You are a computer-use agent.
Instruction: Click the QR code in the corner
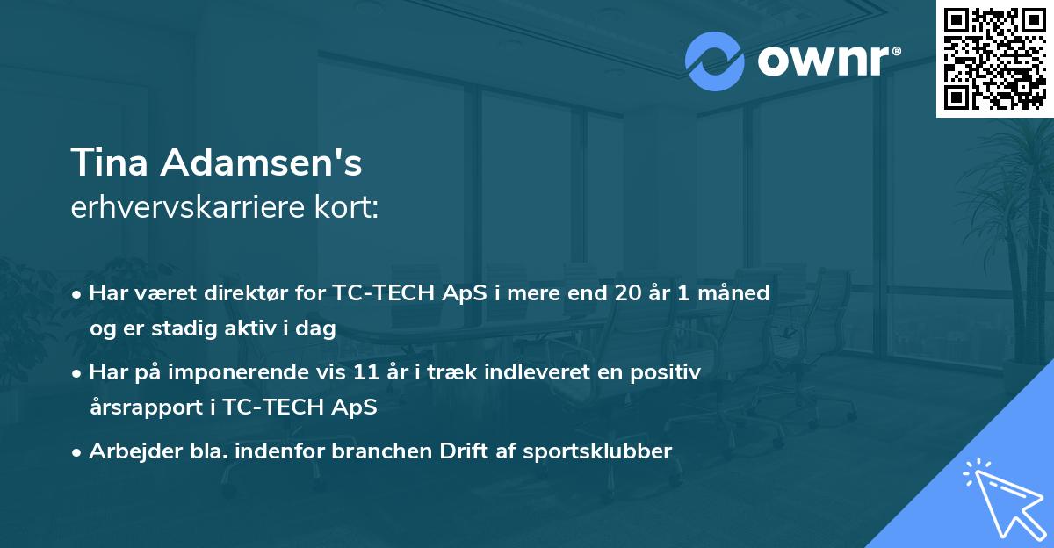[x=994, y=59]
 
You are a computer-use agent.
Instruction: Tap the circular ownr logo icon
[x=715, y=61]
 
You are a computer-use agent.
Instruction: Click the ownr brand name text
[x=828, y=61]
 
